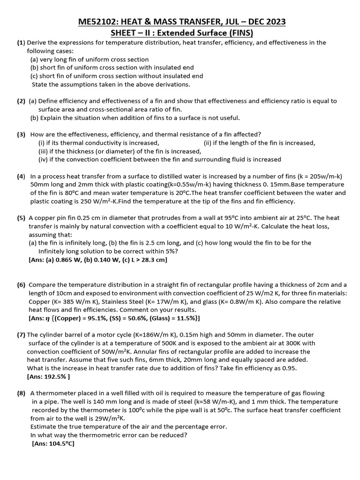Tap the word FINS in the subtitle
point(238,33)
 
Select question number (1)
point(21,43)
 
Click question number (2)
point(21,101)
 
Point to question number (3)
point(21,134)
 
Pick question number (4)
point(21,176)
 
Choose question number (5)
point(21,218)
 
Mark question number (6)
point(21,285)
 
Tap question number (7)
point(21,335)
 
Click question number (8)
point(21,393)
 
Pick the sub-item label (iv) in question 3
point(44,159)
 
